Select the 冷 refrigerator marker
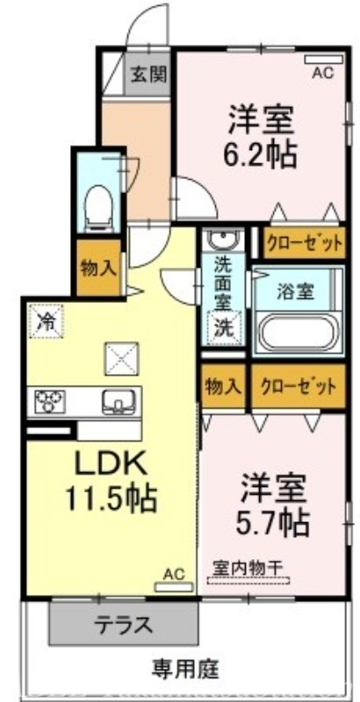pyautogui.click(x=45, y=320)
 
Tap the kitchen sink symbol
pyautogui.click(x=117, y=401)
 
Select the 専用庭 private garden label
pyautogui.click(x=185, y=671)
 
